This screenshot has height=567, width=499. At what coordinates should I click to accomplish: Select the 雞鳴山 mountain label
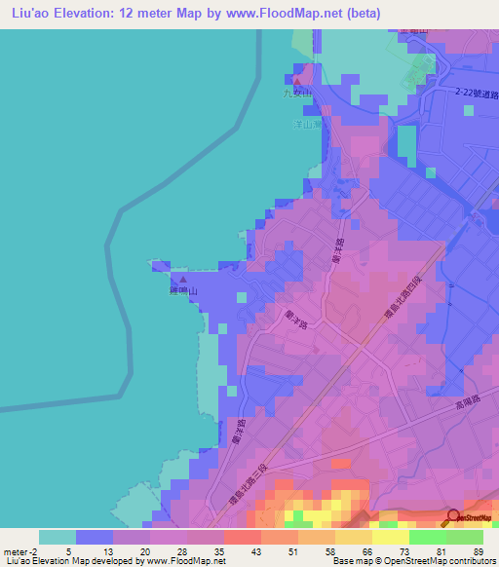coord(178,291)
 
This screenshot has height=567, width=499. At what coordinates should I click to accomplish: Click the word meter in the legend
coord(18,550)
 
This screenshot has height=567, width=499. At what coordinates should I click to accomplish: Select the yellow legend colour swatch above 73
coord(390,537)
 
